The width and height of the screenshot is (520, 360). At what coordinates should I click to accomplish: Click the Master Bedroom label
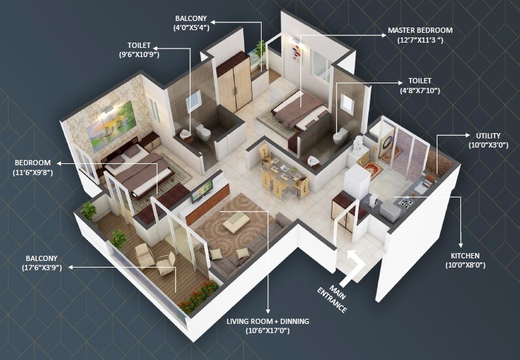[x=420, y=30]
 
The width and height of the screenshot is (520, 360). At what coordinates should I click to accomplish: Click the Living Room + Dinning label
[x=268, y=321]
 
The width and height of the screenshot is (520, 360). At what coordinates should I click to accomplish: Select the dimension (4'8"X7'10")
[x=420, y=89]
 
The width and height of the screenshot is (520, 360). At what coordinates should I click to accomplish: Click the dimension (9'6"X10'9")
[x=139, y=54]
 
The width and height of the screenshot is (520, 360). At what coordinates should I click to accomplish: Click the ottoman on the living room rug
[x=234, y=225]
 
